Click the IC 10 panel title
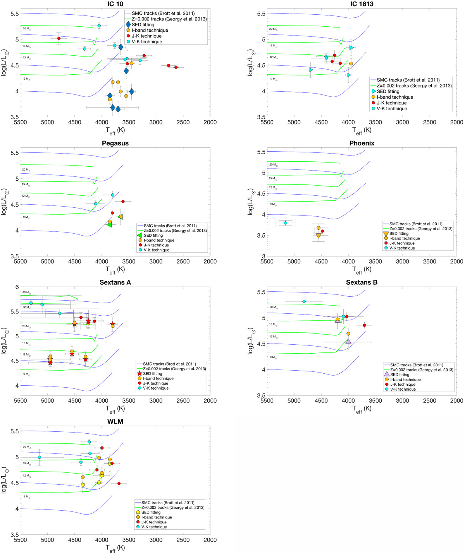pos(115,4)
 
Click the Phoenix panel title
pos(362,143)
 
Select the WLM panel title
pos(115,421)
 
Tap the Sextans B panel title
pos(362,282)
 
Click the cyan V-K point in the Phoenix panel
pos(286,223)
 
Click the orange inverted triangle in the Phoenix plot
pos(319,236)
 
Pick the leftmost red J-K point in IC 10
pos(59,38)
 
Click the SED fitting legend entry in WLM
pos(150,512)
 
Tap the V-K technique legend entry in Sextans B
pos(403,389)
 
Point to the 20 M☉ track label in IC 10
pos(26,29)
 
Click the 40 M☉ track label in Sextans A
pos(26,292)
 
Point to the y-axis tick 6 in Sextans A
pos(17,287)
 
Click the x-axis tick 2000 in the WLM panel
pos(210,540)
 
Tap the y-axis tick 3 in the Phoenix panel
pos(263,256)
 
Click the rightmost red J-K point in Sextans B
pos(364,325)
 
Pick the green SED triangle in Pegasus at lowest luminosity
pos(109,224)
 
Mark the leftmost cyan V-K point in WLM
pos(39,457)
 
